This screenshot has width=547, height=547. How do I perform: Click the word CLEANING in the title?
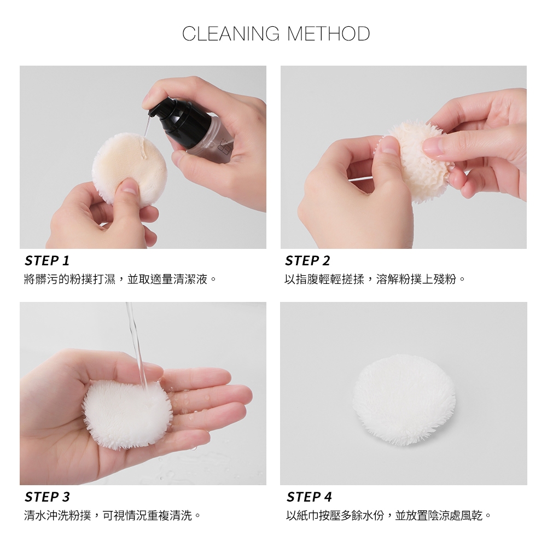click(x=231, y=34)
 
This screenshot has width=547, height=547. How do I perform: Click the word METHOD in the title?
click(x=328, y=34)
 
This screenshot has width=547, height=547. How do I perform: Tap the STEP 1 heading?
click(x=47, y=260)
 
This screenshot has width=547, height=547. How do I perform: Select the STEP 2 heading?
click(x=307, y=260)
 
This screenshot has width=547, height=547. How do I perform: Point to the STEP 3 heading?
click(x=47, y=497)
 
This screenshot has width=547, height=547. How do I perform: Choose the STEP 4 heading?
click(x=310, y=497)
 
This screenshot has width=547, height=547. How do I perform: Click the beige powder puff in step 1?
click(x=129, y=168)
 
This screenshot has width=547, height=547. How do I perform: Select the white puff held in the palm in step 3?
click(x=127, y=415)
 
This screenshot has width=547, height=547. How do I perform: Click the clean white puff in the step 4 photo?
click(x=404, y=400)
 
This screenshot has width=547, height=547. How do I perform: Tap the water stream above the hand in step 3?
click(x=136, y=345)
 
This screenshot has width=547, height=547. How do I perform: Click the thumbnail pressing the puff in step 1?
click(x=130, y=188)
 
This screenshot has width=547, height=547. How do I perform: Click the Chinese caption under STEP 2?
click(x=375, y=279)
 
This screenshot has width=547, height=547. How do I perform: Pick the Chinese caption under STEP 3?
click(x=112, y=515)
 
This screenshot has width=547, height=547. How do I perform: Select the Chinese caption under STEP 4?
click(x=388, y=515)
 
